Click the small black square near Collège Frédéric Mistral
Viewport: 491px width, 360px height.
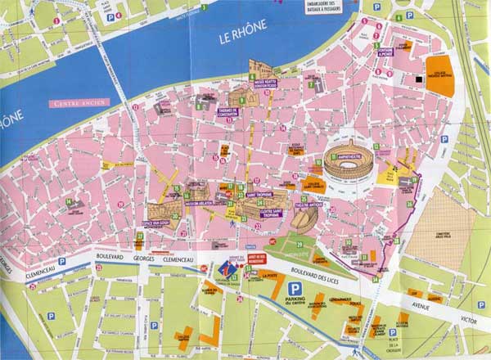pos(418,79)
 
